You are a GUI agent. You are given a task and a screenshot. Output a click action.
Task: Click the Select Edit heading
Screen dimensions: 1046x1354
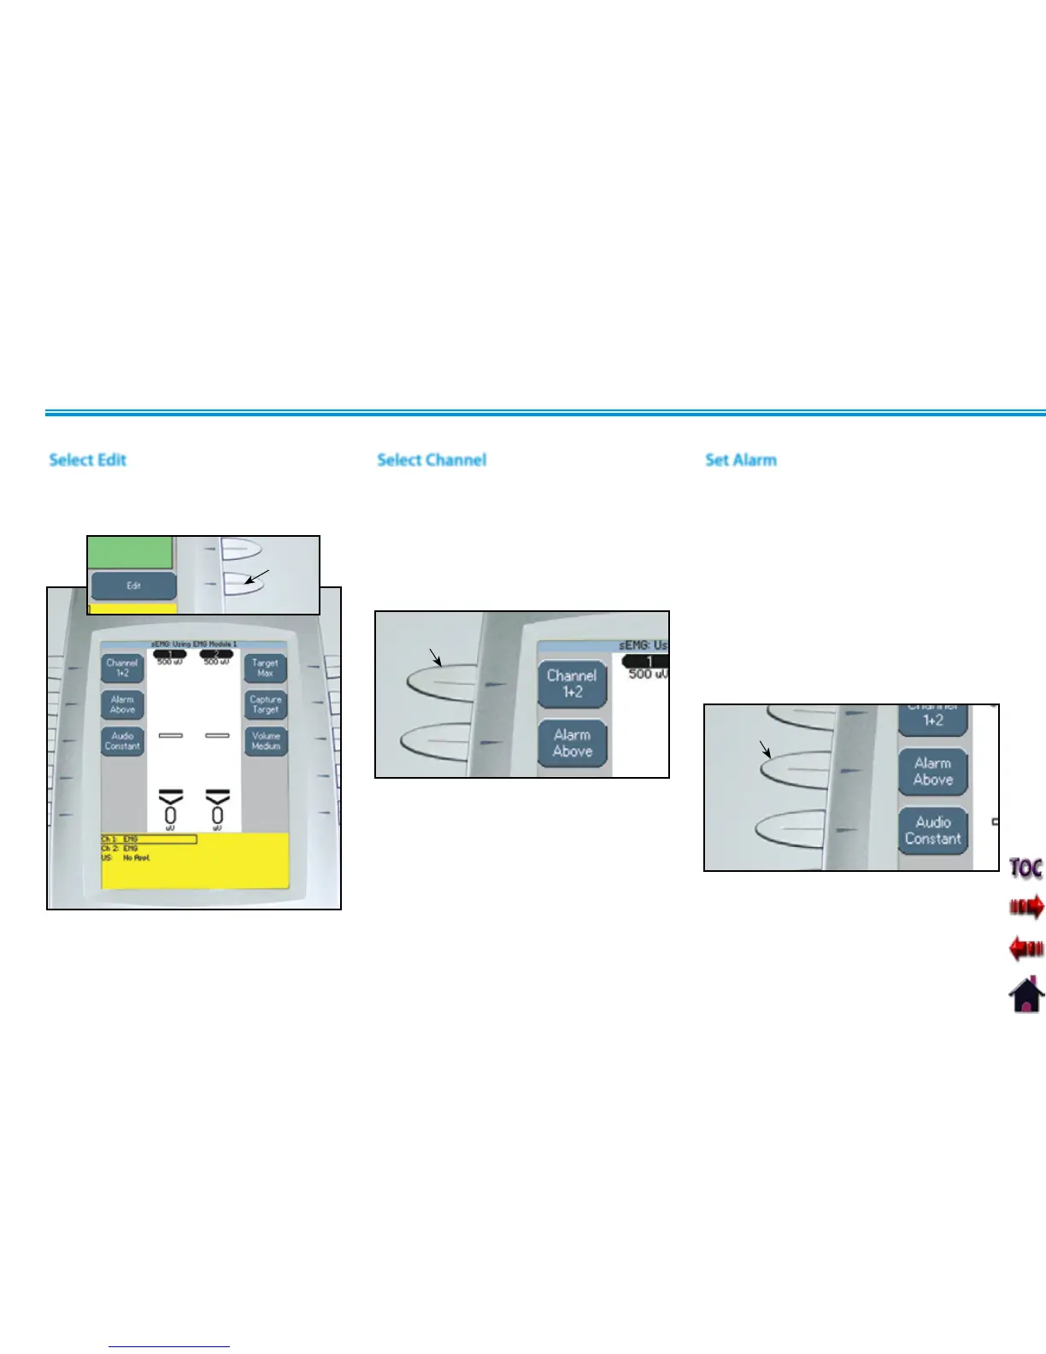pyautogui.click(x=87, y=460)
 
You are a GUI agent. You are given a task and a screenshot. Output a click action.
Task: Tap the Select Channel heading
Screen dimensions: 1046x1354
pyautogui.click(x=432, y=460)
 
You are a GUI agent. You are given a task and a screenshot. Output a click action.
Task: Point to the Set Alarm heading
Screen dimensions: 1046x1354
pyautogui.click(x=741, y=460)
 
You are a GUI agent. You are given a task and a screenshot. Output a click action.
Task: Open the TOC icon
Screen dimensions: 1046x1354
pyautogui.click(x=1025, y=868)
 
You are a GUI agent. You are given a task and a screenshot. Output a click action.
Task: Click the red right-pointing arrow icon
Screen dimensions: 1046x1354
pyautogui.click(x=1026, y=906)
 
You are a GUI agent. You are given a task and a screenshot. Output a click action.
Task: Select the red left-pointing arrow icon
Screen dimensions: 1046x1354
pyautogui.click(x=1026, y=948)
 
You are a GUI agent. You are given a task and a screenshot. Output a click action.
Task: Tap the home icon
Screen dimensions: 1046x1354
pyautogui.click(x=1026, y=993)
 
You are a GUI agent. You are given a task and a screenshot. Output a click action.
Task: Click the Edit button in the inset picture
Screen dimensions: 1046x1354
pyautogui.click(x=133, y=586)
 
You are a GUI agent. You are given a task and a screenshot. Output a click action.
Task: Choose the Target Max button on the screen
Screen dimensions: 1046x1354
pyautogui.click(x=265, y=668)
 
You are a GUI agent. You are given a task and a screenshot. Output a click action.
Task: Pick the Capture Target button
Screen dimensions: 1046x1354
pyautogui.click(x=265, y=704)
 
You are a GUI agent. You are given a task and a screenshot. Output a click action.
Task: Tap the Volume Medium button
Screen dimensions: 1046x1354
pyautogui.click(x=266, y=740)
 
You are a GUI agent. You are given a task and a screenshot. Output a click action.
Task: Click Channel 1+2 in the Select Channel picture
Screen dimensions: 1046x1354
pyautogui.click(x=572, y=684)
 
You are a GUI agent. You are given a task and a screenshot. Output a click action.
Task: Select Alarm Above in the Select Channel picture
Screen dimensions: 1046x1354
pyautogui.click(x=572, y=743)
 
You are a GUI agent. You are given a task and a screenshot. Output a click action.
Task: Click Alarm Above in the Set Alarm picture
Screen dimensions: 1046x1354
pyautogui.click(x=932, y=771)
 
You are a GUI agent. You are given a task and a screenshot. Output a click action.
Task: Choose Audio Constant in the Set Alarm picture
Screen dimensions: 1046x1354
pyautogui.click(x=932, y=831)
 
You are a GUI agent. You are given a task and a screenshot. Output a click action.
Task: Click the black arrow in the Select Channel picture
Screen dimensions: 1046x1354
pyautogui.click(x=436, y=656)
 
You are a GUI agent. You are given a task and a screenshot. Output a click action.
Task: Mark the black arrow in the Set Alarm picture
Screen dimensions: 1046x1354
pyautogui.click(x=766, y=750)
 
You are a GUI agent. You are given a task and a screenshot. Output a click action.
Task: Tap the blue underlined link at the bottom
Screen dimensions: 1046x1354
pyautogui.click(x=169, y=1346)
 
